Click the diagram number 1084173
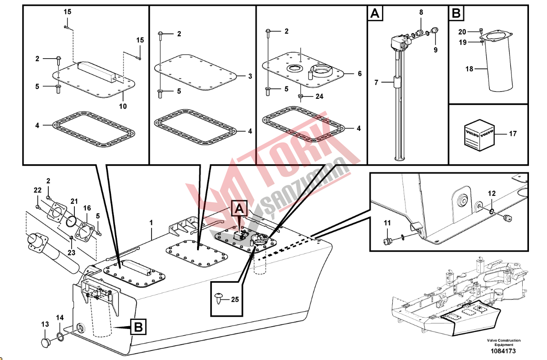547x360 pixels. [503, 351]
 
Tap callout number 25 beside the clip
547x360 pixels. [235, 299]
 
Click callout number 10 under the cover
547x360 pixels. [123, 106]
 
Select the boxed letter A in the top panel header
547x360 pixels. [375, 14]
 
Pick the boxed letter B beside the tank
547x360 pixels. [138, 327]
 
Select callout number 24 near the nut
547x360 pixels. [319, 96]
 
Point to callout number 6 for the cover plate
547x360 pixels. [359, 74]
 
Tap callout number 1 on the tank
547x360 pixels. [152, 222]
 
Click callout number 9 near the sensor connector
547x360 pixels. [435, 50]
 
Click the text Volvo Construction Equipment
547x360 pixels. [503, 342]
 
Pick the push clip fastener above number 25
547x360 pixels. [219, 298]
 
